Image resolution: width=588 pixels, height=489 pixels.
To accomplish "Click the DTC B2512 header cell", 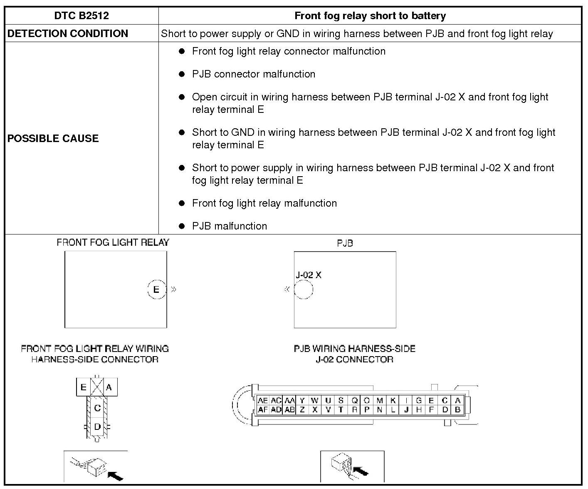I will tap(82, 16).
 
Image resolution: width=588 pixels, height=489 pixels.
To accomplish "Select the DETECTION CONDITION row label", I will tap(68, 34).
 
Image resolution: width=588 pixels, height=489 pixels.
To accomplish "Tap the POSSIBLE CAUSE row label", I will tap(53, 138).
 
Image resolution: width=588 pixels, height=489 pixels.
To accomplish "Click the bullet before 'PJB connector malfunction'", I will tap(182, 74).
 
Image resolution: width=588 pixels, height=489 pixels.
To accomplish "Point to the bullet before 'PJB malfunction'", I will tap(182, 226).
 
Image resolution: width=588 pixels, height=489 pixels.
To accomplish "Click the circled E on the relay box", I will tap(156, 289).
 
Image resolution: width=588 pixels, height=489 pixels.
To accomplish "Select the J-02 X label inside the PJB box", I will tap(308, 275).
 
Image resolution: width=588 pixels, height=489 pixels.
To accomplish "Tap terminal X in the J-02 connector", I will tap(315, 409).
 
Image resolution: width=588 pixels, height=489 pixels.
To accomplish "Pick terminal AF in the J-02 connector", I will tap(263, 409).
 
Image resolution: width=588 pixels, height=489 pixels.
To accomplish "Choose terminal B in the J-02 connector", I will tap(457, 409).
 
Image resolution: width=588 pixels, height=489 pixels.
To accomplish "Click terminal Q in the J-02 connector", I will tap(354, 400).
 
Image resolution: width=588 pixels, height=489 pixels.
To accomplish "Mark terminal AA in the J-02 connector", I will tap(289, 400).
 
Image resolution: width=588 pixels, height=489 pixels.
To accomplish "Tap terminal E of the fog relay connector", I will tap(83, 387).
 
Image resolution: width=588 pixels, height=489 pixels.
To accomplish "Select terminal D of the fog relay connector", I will tap(97, 427).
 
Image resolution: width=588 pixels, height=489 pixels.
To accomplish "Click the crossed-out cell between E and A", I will tap(97, 387).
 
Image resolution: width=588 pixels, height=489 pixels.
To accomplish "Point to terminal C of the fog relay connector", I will tap(97, 408).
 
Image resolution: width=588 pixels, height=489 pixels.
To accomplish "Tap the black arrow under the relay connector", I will tap(115, 474).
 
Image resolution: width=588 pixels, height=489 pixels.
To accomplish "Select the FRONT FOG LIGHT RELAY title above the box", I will tap(113, 242).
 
